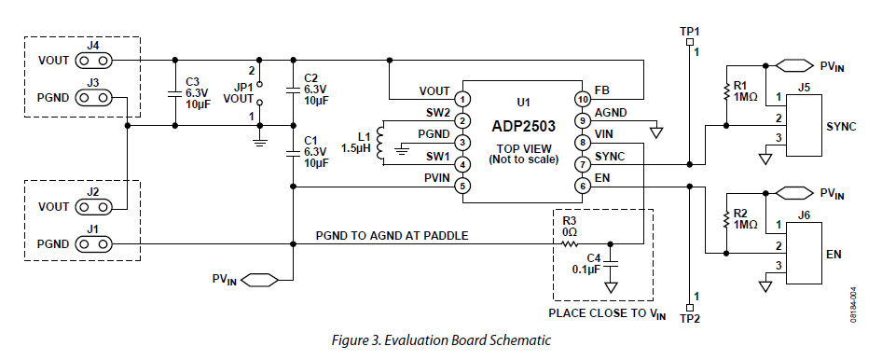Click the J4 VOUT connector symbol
click(92, 61)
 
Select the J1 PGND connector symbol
click(92, 244)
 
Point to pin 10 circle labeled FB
click(581, 98)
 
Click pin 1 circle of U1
click(462, 98)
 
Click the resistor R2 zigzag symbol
click(725, 220)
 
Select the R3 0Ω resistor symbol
click(569, 244)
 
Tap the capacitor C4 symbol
click(611, 264)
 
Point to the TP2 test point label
click(690, 318)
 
